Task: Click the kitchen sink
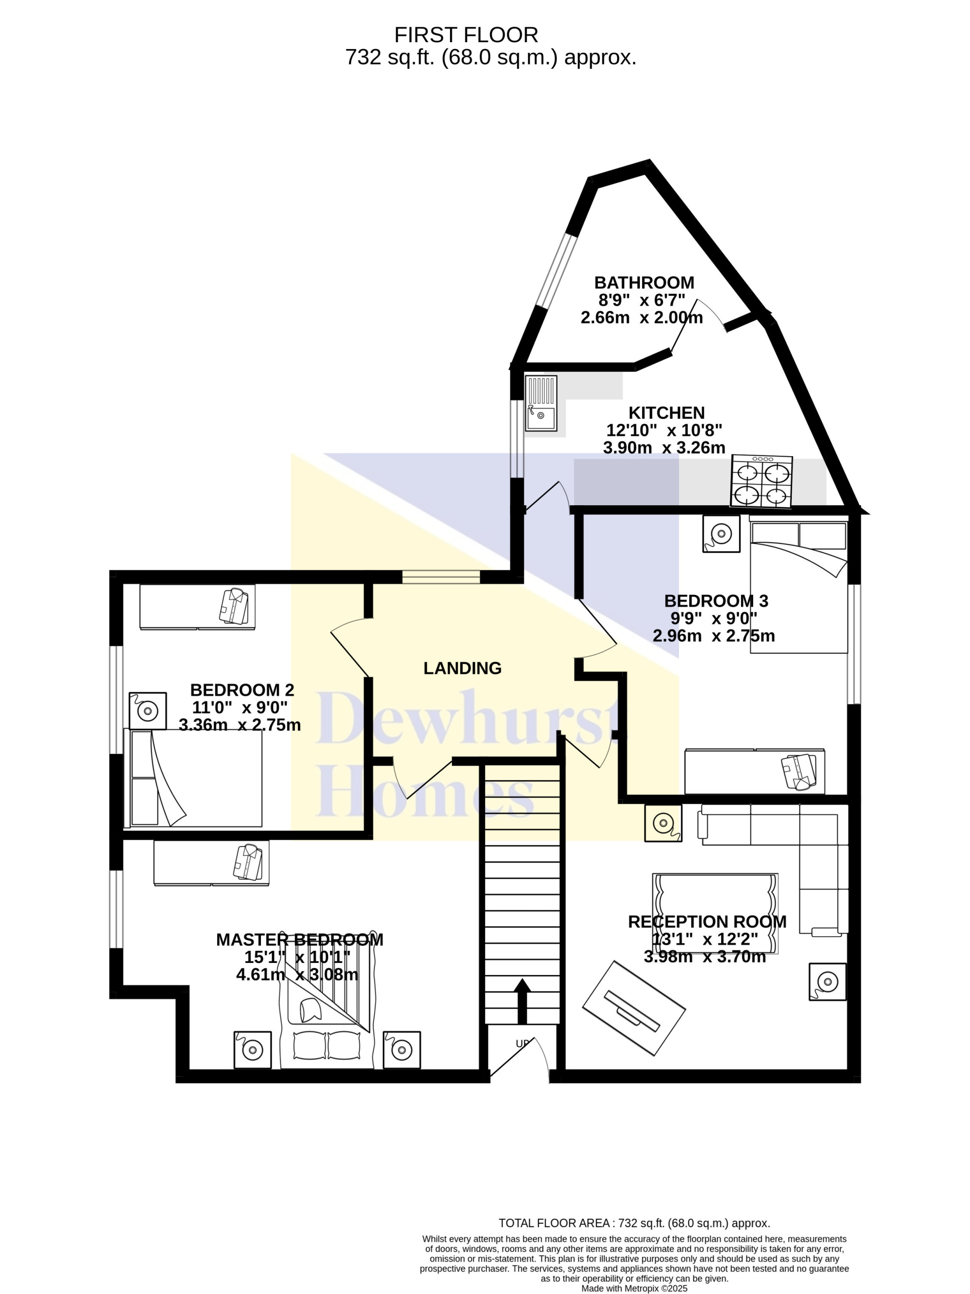541,403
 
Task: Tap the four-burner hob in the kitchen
761,481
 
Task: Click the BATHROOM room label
644,283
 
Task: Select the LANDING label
462,668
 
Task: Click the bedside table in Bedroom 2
147,711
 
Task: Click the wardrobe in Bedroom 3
755,771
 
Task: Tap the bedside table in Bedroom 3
721,533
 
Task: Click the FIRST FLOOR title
466,35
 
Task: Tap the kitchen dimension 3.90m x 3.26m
664,447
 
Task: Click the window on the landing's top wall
441,577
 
